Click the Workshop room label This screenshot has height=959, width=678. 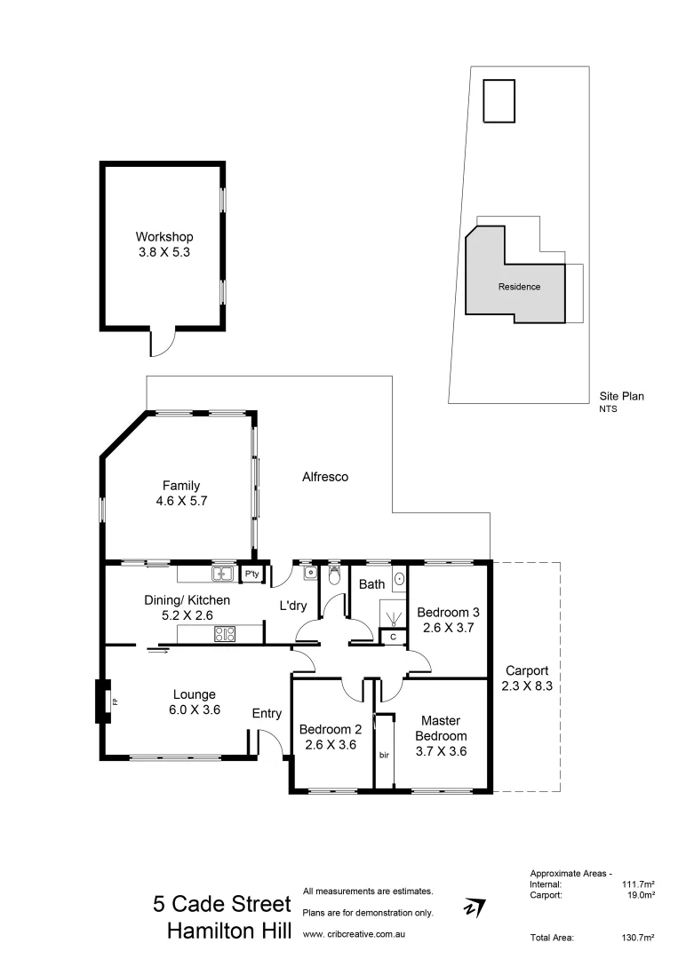[164, 237]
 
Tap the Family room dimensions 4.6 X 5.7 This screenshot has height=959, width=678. [180, 500]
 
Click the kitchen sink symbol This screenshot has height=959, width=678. [222, 574]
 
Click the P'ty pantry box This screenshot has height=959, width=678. [251, 574]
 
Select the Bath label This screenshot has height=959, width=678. [371, 584]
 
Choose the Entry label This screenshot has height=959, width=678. [267, 713]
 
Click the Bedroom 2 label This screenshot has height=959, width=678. [330, 729]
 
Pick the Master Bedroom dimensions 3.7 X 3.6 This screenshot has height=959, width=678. [441, 751]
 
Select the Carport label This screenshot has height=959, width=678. [527, 670]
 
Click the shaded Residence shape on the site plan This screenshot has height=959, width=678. [518, 286]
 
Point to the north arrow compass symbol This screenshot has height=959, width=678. [475, 907]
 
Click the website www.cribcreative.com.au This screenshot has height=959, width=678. [355, 934]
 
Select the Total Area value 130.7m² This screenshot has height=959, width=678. [638, 938]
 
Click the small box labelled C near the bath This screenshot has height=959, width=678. [392, 637]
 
